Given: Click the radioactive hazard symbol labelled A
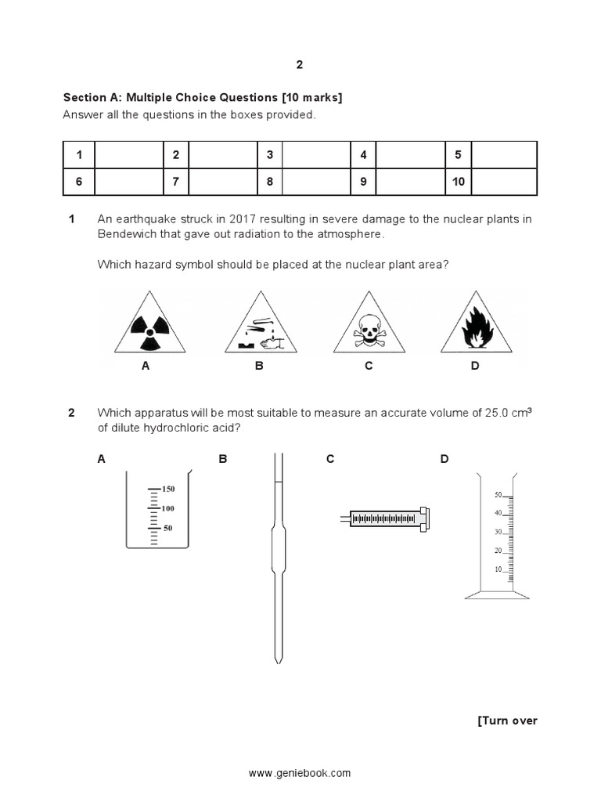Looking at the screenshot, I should point(145,324).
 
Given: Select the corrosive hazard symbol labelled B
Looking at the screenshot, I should point(257,324).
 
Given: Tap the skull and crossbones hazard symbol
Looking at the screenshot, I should point(366,324).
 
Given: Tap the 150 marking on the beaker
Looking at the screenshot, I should point(168,489).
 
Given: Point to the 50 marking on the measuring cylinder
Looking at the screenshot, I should point(498,495).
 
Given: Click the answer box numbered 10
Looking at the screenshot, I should point(458,182).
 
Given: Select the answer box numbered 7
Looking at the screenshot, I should point(176,182).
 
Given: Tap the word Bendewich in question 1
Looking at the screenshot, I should point(127,234).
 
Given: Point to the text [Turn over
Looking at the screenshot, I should point(507,721).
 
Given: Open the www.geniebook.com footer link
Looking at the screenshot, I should point(300,774).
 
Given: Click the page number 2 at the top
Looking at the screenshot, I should point(300,65).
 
